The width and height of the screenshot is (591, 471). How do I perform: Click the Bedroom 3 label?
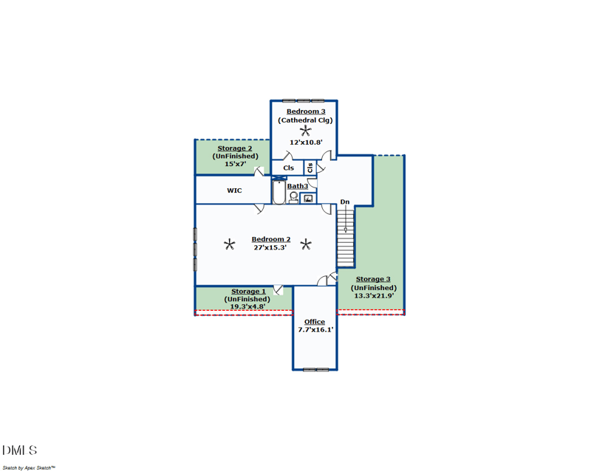tap(306, 111)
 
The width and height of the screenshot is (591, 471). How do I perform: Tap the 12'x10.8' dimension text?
tap(306, 142)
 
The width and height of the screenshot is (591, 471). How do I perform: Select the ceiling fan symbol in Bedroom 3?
tap(306, 131)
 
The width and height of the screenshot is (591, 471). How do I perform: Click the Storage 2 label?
tap(234, 148)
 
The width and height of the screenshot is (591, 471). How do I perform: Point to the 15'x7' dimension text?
tap(235, 164)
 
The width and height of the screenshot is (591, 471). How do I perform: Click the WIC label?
tap(234, 190)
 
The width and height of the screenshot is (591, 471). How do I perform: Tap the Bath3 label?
tap(298, 186)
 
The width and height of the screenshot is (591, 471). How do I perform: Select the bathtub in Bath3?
tap(279, 192)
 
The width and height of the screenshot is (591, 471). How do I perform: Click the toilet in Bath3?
tap(293, 197)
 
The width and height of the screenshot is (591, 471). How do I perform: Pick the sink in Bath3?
tap(308, 198)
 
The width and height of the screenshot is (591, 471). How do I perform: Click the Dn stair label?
tap(345, 202)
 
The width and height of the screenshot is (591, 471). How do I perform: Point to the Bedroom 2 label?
tap(271, 239)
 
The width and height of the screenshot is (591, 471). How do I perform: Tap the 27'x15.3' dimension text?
tap(270, 247)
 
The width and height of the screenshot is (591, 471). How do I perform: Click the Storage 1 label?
tap(248, 292)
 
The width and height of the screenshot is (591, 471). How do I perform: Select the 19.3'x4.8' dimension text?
tap(247, 306)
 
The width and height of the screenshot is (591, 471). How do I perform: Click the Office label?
tap(315, 322)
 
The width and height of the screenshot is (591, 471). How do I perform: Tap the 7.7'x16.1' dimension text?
tap(315, 330)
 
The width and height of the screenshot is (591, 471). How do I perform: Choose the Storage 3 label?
tap(373, 279)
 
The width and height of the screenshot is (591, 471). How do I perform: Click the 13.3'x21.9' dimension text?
tap(374, 296)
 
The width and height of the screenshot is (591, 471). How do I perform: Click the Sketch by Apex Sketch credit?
tap(29, 468)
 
